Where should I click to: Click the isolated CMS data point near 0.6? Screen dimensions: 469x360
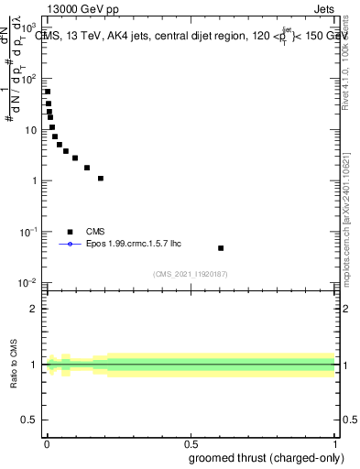tap(221, 248)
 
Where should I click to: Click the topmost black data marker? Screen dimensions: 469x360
tap(48, 92)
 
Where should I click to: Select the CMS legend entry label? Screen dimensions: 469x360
tap(95, 232)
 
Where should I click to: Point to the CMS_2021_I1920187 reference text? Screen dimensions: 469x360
tap(189, 273)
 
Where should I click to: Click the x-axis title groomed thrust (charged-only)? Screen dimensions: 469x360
tap(266, 457)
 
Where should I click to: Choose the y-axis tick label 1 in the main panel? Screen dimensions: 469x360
tap(35, 180)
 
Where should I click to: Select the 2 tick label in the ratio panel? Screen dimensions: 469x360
tap(35, 309)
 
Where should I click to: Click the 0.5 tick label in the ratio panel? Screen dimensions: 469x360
tap(30, 421)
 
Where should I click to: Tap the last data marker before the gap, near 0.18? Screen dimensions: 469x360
tap(101, 179)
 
